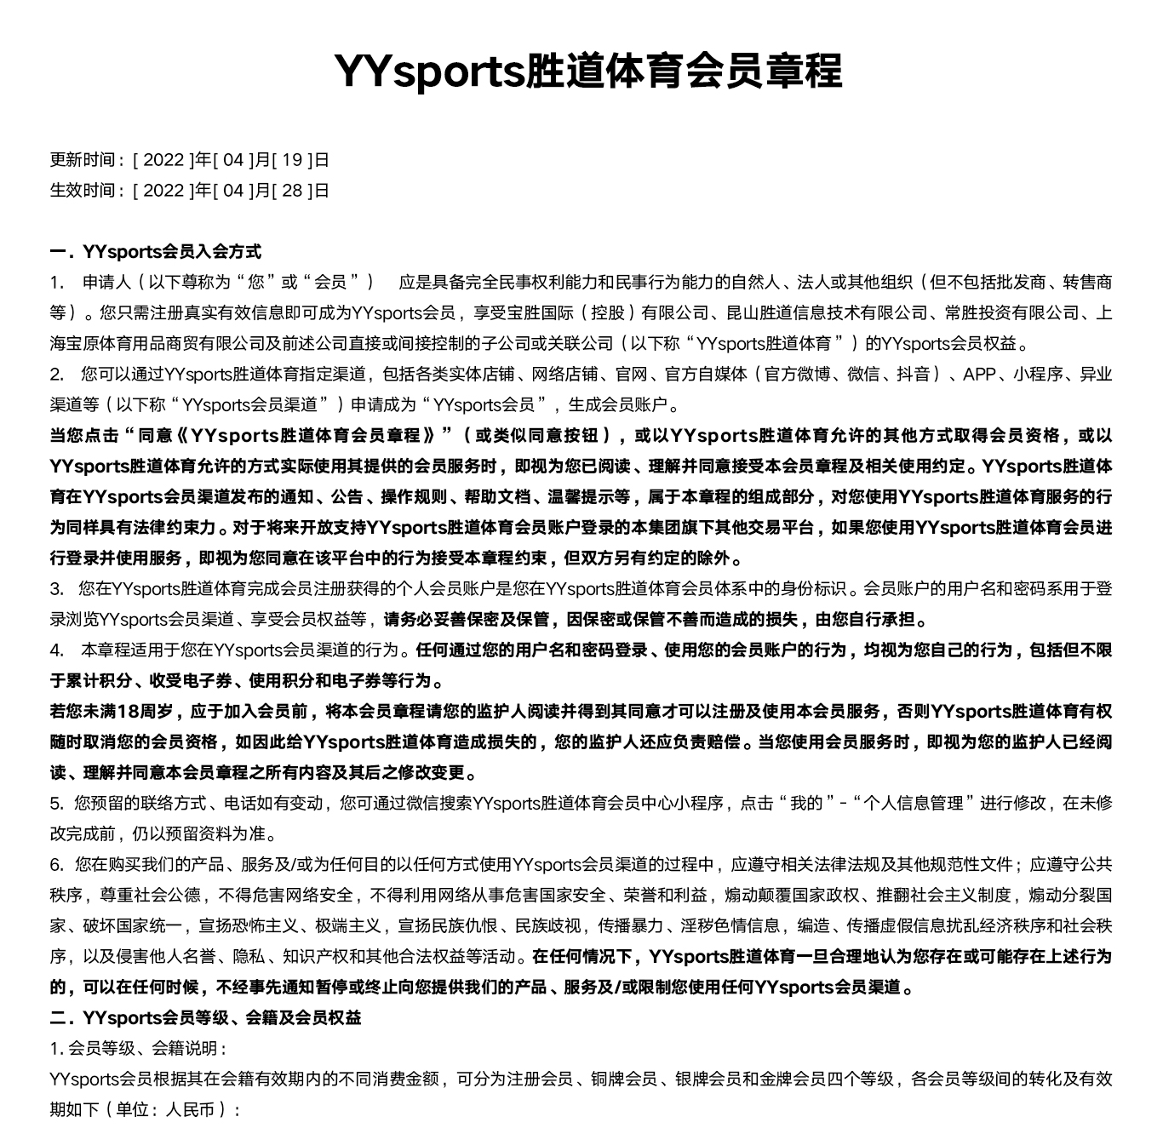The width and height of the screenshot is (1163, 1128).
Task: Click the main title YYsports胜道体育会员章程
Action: point(587,71)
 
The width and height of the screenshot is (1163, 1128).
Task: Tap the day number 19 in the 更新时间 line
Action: point(292,159)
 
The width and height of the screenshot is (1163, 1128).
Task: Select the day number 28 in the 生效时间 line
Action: point(292,190)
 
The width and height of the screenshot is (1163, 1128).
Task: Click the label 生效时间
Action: point(82,190)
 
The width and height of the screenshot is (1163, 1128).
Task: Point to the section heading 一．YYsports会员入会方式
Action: point(156,251)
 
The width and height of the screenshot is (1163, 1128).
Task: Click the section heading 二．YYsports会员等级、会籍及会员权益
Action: point(205,1017)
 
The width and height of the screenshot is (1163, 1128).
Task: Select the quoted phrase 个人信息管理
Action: point(914,803)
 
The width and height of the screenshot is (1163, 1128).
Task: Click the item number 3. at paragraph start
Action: point(57,588)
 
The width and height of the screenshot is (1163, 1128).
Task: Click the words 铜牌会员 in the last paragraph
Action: point(624,1079)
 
